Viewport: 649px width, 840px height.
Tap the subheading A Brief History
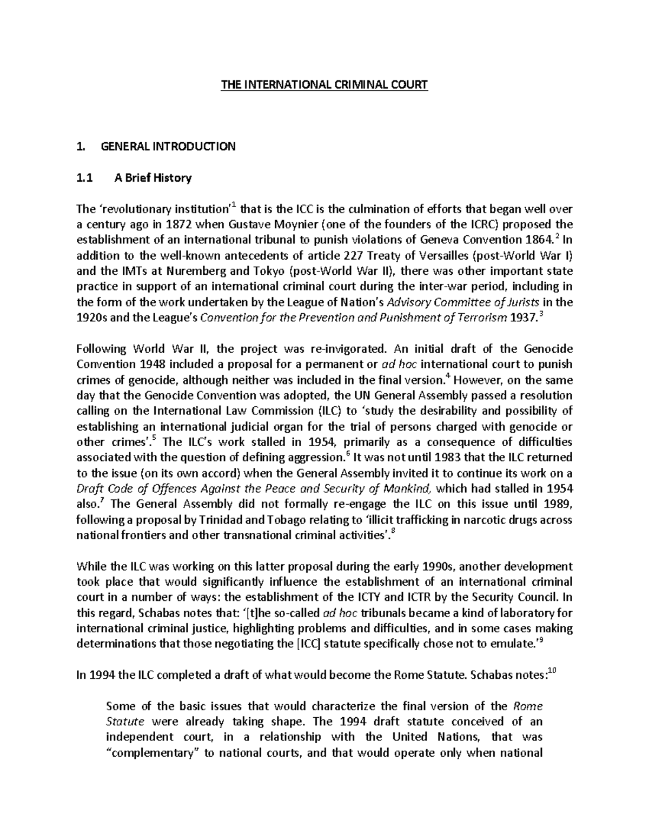tap(153, 178)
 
